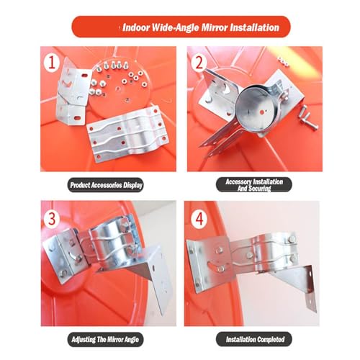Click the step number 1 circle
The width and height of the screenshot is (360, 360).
[52, 63]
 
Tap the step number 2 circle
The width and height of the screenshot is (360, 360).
[199, 63]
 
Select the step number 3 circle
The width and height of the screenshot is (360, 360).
[52, 219]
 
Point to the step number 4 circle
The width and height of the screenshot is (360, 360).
[199, 219]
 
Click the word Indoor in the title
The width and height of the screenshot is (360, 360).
[136, 27]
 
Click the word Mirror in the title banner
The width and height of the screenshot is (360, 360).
[215, 27]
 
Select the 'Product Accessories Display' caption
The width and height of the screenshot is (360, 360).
[106, 185]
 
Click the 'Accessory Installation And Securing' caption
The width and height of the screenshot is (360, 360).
[254, 185]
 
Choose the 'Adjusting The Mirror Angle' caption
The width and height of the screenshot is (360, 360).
[105, 339]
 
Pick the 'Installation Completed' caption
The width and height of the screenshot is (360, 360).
[254, 339]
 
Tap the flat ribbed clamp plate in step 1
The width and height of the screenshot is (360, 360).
[128, 134]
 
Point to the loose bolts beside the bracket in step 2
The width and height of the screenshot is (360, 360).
[307, 117]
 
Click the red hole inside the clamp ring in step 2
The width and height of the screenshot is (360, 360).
[262, 112]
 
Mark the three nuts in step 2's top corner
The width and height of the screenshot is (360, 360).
[284, 60]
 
